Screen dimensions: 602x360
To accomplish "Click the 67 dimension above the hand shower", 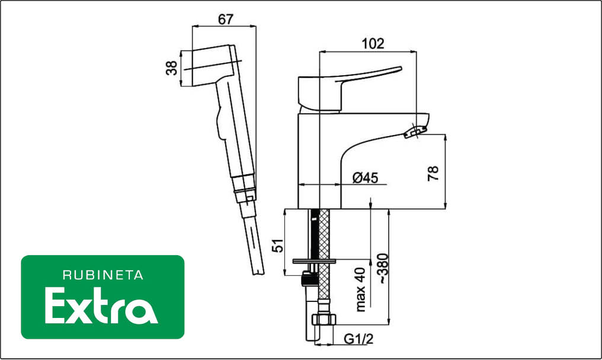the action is [225, 20].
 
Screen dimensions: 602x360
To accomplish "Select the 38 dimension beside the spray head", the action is [172, 68].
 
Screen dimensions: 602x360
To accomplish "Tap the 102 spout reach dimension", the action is [373, 44].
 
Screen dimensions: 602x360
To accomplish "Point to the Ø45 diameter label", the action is [365, 178].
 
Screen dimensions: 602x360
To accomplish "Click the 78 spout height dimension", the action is [433, 173].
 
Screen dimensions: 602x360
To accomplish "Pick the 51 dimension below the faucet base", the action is [277, 246].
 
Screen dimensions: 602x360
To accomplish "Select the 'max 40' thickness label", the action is [360, 290].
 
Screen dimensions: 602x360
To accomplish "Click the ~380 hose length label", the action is [383, 268].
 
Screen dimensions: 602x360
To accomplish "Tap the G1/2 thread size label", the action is [358, 339].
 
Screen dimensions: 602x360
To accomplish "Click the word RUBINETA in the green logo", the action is [103, 275].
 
